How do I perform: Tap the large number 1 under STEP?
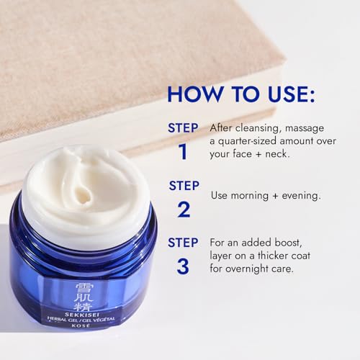[183, 151]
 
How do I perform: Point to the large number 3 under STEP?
[183, 266]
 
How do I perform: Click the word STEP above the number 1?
[183, 127]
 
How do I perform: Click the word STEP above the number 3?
[183, 242]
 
